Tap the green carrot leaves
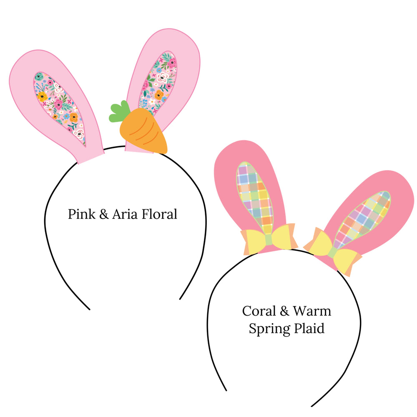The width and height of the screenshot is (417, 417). (118, 112)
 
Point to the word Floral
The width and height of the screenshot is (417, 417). (160, 214)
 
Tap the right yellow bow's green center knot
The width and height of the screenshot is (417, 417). (332, 253)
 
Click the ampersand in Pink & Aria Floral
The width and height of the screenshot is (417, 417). (104, 214)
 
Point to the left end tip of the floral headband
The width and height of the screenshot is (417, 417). (89, 309)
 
